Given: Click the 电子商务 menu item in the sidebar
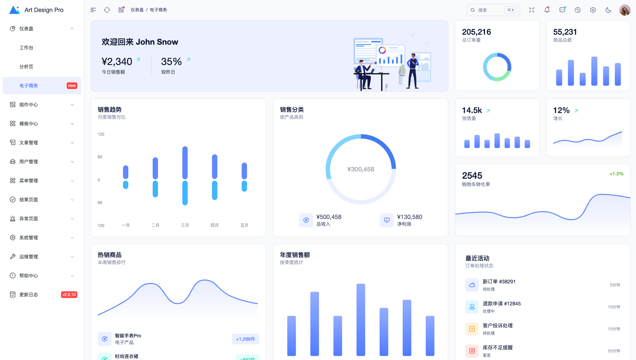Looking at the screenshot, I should [x=29, y=86].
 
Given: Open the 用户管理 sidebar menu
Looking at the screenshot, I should [x=29, y=162].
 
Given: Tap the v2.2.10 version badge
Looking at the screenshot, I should [x=69, y=295].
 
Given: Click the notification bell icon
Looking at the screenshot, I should [x=547, y=10].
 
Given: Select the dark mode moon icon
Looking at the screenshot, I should [x=608, y=10].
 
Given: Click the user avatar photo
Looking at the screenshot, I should [x=625, y=10].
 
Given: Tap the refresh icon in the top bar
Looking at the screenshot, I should [x=107, y=10].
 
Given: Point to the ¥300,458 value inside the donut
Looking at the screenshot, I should [x=361, y=169].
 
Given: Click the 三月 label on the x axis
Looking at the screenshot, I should [x=185, y=225].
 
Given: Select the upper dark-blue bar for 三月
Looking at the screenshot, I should [x=185, y=163].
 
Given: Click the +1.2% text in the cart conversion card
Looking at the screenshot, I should [x=616, y=174].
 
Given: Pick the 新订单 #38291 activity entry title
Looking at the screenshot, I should [x=499, y=282].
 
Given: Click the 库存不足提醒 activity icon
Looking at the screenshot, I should [x=472, y=351].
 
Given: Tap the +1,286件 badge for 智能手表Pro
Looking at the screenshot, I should [x=246, y=339].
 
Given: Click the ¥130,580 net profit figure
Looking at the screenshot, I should [x=410, y=217].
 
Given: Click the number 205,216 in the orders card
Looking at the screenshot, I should [x=476, y=32].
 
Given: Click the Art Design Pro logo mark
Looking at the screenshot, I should [x=14, y=10].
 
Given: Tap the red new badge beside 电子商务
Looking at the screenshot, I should [x=72, y=86].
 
